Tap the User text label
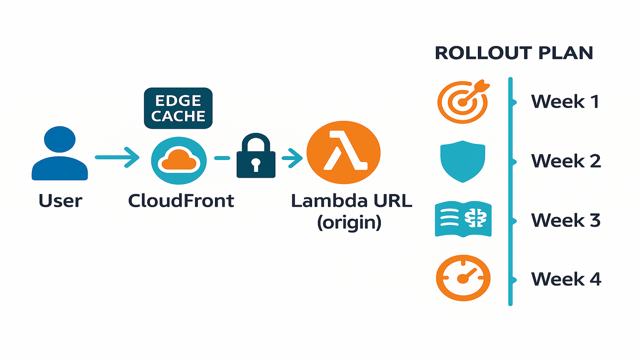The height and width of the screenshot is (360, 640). [x=60, y=201]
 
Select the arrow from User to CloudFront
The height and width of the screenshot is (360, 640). [x=117, y=157]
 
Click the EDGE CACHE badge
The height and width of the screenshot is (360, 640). [x=178, y=108]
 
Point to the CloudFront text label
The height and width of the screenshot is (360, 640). [x=181, y=201]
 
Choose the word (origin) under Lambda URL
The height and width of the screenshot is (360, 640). [x=349, y=222]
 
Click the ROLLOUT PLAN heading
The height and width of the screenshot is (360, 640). [x=514, y=53]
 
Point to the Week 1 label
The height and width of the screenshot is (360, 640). [x=565, y=101]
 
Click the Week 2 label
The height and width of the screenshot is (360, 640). [x=566, y=160]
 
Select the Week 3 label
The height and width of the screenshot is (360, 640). [x=566, y=219]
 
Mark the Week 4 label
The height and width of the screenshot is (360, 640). [x=566, y=278]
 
